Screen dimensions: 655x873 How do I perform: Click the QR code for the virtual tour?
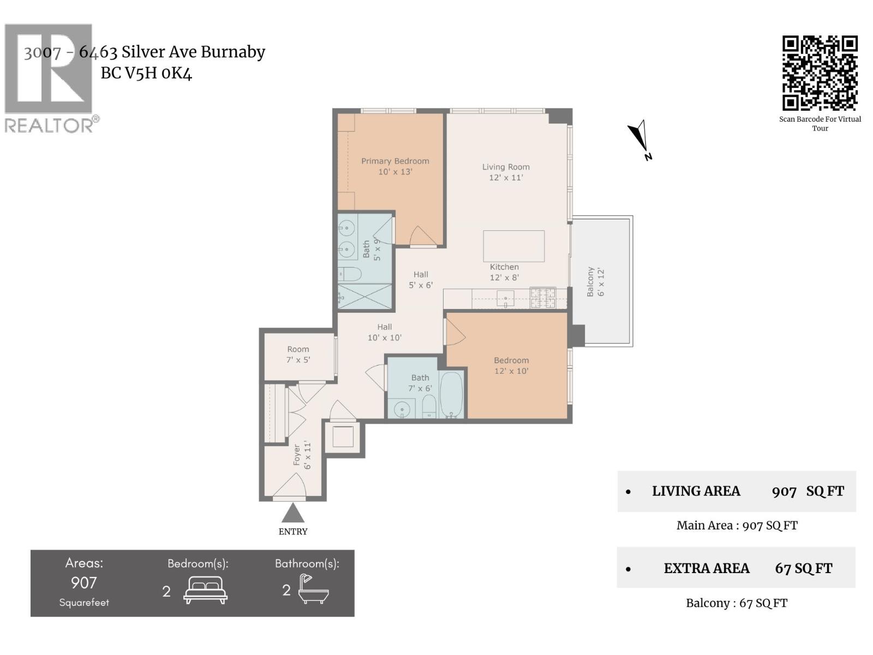click(820, 73)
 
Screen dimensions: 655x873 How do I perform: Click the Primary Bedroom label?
click(395, 166)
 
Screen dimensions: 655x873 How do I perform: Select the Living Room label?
click(506, 172)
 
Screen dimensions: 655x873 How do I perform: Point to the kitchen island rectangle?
click(513, 246)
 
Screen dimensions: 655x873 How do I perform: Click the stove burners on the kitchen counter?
click(543, 297)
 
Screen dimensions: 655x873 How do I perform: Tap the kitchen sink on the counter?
click(505, 299)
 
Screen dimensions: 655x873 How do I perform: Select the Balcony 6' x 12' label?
click(595, 282)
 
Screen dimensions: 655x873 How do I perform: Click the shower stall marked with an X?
click(364, 296)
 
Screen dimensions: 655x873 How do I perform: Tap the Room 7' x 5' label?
click(298, 354)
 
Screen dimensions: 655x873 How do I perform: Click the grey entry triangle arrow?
click(293, 513)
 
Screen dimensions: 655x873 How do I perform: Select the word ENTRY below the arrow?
click(293, 532)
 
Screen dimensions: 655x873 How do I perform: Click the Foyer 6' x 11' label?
click(302, 455)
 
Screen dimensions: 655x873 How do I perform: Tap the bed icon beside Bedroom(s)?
click(205, 590)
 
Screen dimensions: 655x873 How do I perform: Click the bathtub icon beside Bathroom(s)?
click(313, 589)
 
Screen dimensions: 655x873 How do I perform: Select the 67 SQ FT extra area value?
click(803, 568)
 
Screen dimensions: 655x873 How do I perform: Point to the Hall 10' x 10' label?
click(384, 332)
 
